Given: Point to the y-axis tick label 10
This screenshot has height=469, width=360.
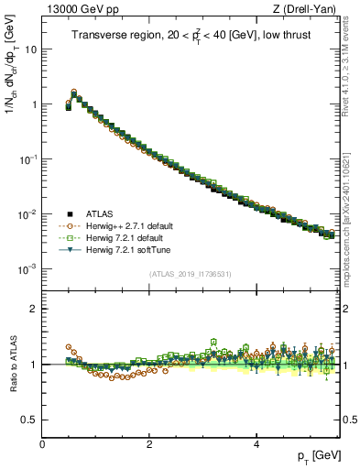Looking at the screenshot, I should click(x=30, y=49).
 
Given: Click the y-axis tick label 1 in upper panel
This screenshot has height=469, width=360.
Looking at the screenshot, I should click(x=35, y=104).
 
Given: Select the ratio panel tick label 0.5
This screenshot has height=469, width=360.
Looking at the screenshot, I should click(x=30, y=419).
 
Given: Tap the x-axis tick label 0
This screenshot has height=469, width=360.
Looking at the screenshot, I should click(x=42, y=444).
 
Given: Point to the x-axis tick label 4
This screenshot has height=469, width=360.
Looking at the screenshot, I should click(x=256, y=444).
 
